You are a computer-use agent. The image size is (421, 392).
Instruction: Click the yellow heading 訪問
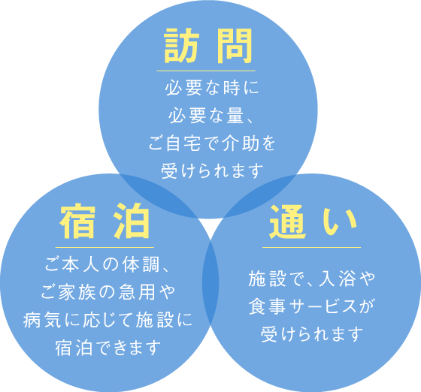tap(208, 46)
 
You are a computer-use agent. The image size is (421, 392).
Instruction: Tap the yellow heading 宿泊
tap(104, 222)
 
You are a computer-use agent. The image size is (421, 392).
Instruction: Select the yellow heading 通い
tap(313, 222)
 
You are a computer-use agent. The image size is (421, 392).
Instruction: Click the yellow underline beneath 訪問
tap(206, 71)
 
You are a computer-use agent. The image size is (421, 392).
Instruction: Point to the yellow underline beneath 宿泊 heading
tap(104, 247)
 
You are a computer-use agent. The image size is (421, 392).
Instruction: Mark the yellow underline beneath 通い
tap(311, 247)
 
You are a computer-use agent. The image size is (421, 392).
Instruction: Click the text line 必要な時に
tap(212, 88)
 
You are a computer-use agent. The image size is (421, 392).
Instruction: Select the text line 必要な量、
tap(210, 116)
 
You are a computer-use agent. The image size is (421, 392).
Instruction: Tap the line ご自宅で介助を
tap(212, 143)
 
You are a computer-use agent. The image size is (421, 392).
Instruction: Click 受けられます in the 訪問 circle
tap(212, 170)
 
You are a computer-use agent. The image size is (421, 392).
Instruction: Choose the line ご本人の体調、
tap(107, 264)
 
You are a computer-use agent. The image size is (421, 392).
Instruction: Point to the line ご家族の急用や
tap(108, 291)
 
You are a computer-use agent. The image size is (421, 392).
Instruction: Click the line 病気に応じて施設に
tap(108, 320)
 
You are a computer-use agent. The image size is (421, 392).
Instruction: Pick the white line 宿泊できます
tap(108, 348)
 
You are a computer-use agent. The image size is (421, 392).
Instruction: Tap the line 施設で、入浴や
tap(311, 279)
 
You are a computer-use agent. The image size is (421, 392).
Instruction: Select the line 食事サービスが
tap(311, 306)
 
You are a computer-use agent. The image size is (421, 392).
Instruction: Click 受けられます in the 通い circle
tap(312, 334)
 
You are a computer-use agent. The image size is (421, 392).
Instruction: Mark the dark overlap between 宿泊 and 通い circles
tap(210, 282)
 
